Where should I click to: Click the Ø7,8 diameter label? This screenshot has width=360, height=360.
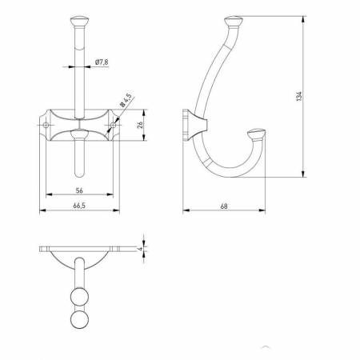pyautogui.click(x=102, y=62)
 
